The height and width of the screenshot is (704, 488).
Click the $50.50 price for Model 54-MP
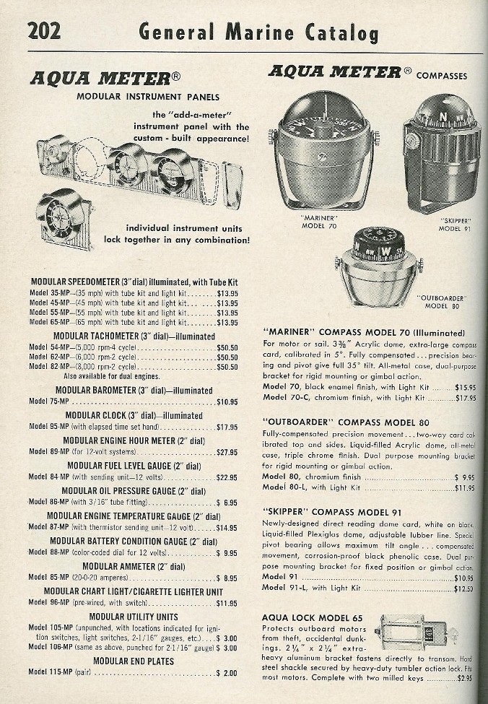pos(227,347)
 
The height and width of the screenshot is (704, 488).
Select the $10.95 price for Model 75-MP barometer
pos(227,401)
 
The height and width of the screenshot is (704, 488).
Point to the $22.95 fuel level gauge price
pos(227,477)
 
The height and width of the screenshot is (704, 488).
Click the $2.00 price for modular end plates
pos(227,673)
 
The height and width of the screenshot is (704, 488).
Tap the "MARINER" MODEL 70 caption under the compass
pos(318,220)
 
